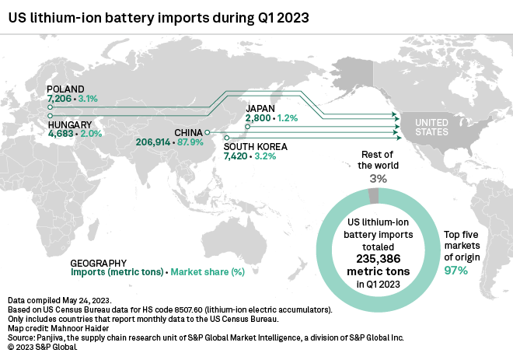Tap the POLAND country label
(65, 89)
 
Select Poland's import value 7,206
(61, 100)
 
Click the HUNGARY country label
(70, 124)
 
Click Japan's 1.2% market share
(288, 118)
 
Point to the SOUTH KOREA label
(255, 146)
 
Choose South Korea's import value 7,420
(238, 156)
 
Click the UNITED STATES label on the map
(431, 128)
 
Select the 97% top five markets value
(455, 271)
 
